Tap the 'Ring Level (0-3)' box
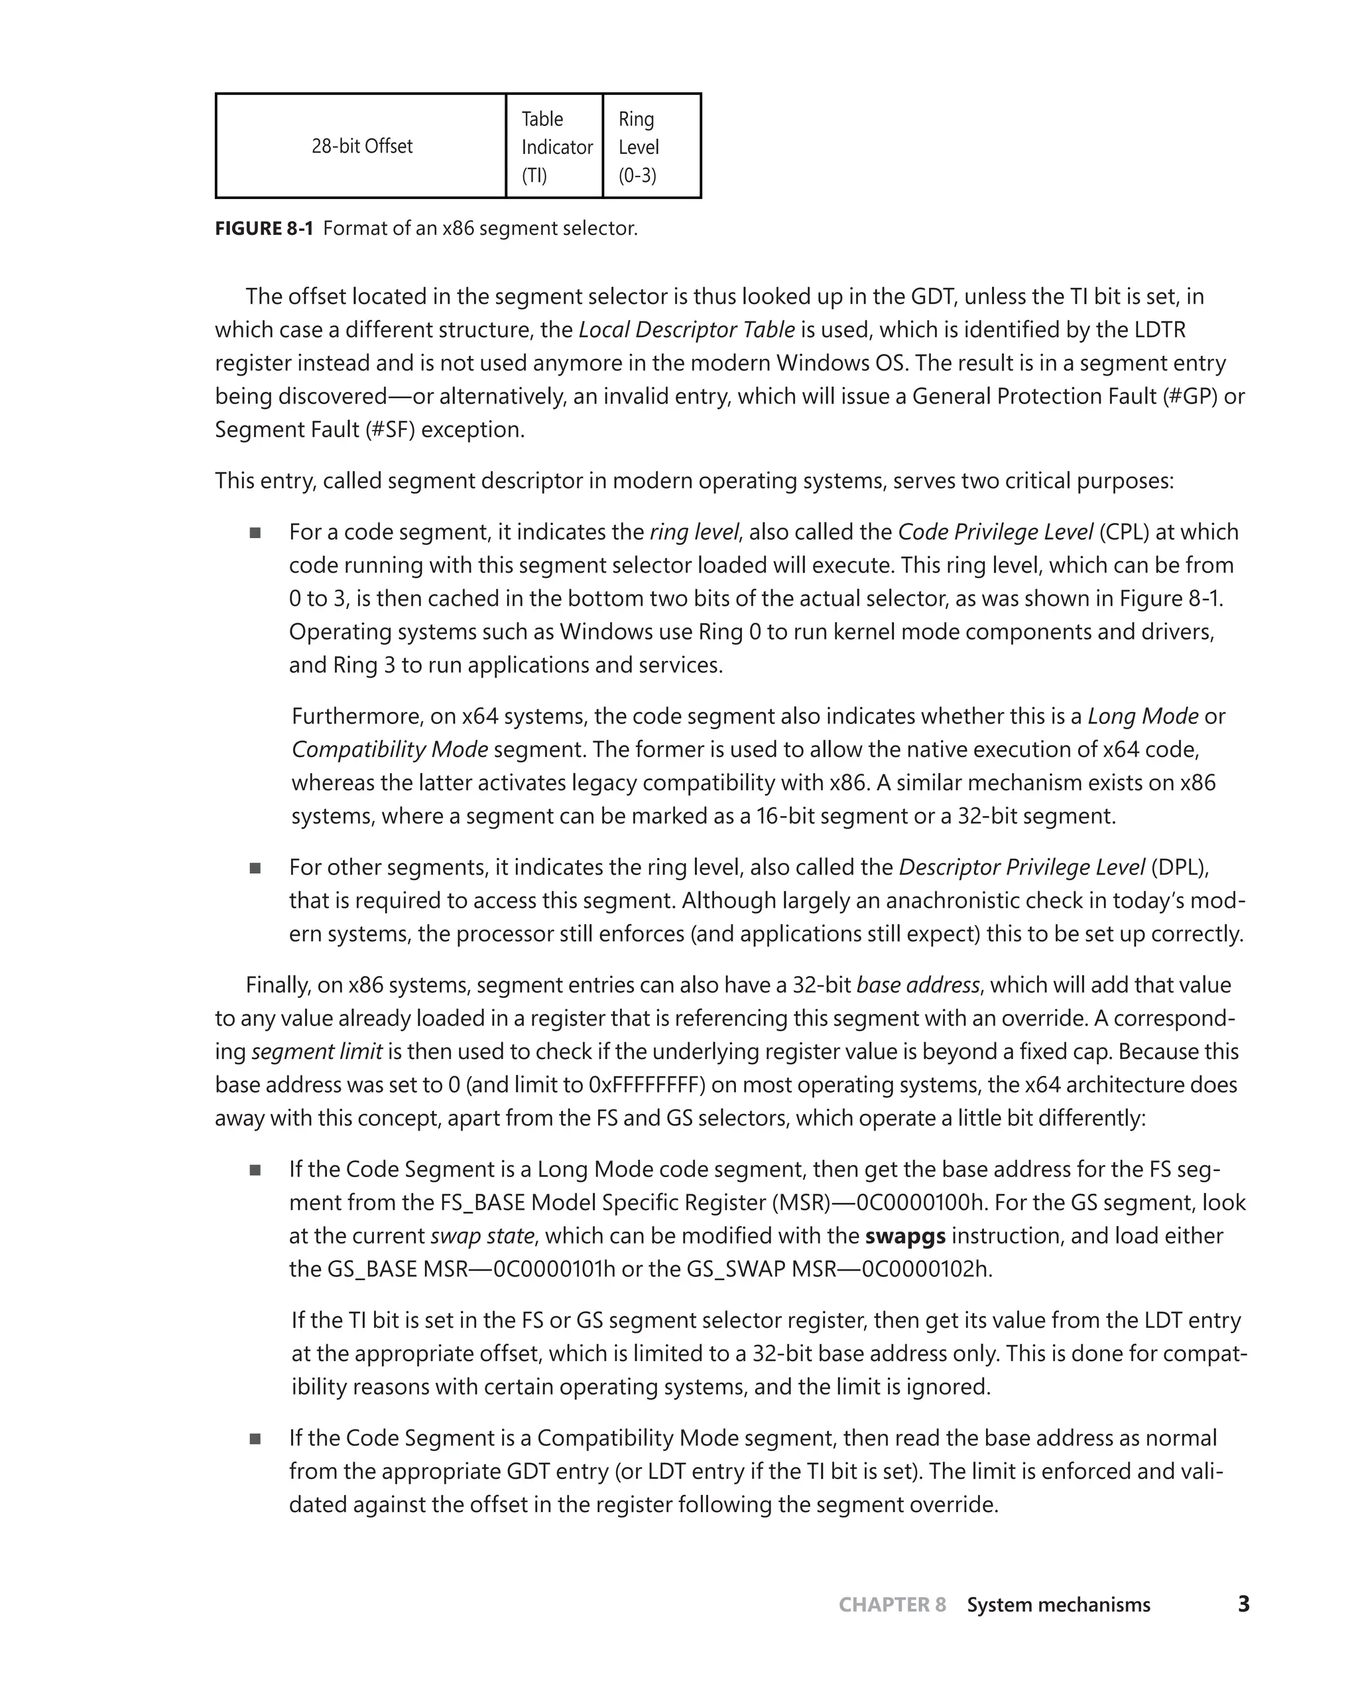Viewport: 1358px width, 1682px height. [x=652, y=147]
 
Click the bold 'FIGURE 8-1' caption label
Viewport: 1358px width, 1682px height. [x=264, y=228]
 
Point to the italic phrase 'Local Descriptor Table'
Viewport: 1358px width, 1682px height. [x=686, y=330]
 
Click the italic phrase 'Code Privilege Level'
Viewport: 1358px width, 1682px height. [x=995, y=532]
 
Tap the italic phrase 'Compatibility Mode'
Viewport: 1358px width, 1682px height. [x=390, y=750]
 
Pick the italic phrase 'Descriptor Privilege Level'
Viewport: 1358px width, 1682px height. [x=1022, y=867]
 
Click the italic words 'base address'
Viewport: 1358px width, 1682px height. [x=918, y=985]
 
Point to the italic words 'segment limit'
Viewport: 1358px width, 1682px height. [x=317, y=1051]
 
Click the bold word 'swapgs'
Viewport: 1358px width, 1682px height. [x=905, y=1236]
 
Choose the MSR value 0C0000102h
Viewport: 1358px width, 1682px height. [x=926, y=1269]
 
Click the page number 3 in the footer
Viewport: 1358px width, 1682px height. [x=1243, y=1604]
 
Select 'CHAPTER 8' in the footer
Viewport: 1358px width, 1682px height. [x=892, y=1604]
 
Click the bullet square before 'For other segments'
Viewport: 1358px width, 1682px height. [x=255, y=868]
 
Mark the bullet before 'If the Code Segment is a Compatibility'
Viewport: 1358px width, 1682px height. [x=255, y=1438]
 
